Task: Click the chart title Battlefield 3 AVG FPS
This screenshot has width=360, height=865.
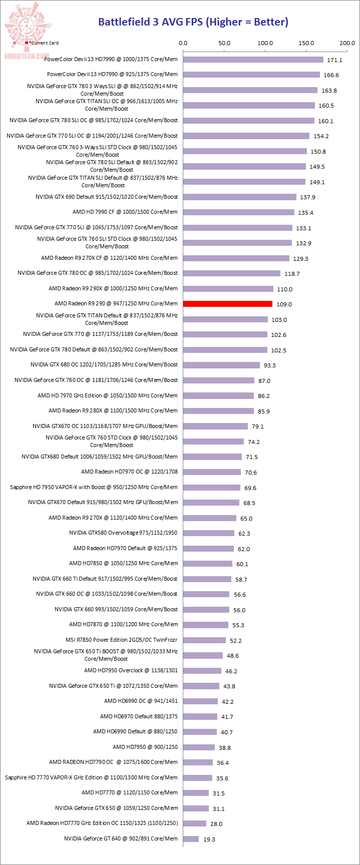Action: coord(193,22)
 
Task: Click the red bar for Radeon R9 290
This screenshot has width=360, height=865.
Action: coord(228,304)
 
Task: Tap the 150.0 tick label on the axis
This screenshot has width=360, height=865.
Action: coord(306,43)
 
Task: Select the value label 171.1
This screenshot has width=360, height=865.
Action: coord(334,60)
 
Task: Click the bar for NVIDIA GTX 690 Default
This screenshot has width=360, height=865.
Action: coord(240,197)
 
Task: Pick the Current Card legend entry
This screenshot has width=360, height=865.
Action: coord(42,43)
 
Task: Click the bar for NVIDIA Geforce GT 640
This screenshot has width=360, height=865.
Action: coord(191,839)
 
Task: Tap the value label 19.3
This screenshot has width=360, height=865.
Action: coord(209,839)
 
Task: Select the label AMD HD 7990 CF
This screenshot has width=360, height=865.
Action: coord(125,212)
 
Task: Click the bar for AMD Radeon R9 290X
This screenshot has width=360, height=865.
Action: coord(228,289)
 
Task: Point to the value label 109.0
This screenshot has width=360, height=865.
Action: coord(284,304)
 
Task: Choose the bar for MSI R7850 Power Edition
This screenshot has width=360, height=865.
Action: coord(205,640)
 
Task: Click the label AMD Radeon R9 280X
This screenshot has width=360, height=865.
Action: coord(113,411)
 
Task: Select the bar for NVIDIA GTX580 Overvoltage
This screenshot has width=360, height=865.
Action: coord(209,533)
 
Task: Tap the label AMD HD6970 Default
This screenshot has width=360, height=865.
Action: coord(139,717)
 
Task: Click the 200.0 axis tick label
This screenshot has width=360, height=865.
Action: coord(347,43)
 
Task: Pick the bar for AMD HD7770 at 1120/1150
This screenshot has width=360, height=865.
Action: coord(196,793)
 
